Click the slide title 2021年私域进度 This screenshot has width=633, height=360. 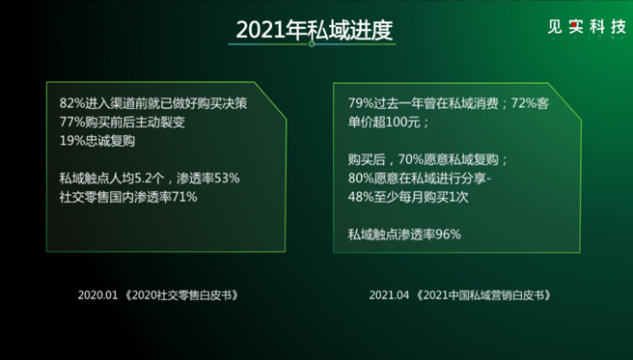[315, 30]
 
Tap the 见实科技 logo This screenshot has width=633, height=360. [580, 29]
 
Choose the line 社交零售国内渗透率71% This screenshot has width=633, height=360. [128, 197]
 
